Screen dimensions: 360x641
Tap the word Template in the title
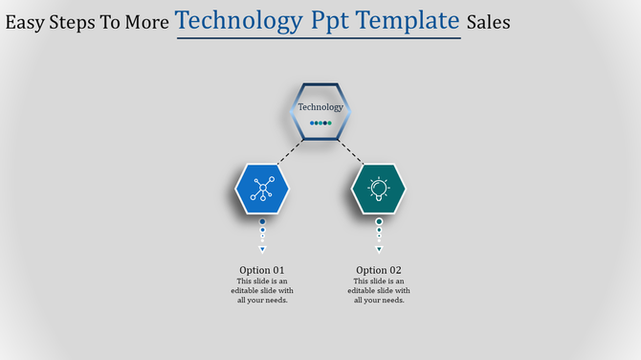[x=406, y=21]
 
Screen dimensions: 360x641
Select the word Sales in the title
[x=488, y=22]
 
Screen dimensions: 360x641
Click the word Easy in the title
[x=26, y=22]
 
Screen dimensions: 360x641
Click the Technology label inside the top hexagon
[x=320, y=107]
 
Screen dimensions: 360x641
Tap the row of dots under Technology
[x=320, y=123]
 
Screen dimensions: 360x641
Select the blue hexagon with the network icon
[x=262, y=189]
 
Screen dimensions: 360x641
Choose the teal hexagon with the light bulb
[x=379, y=189]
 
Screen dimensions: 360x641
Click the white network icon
[x=262, y=189]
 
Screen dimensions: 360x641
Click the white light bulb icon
[x=379, y=189]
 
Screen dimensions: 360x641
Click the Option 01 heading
[x=262, y=270]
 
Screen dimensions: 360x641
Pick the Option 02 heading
[x=379, y=270]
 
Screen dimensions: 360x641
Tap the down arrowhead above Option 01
[x=262, y=249]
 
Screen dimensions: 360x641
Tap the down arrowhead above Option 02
[x=379, y=249]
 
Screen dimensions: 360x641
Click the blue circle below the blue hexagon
[x=262, y=221]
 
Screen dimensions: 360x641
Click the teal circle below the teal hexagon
[x=379, y=221]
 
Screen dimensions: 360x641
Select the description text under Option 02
[x=379, y=290]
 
